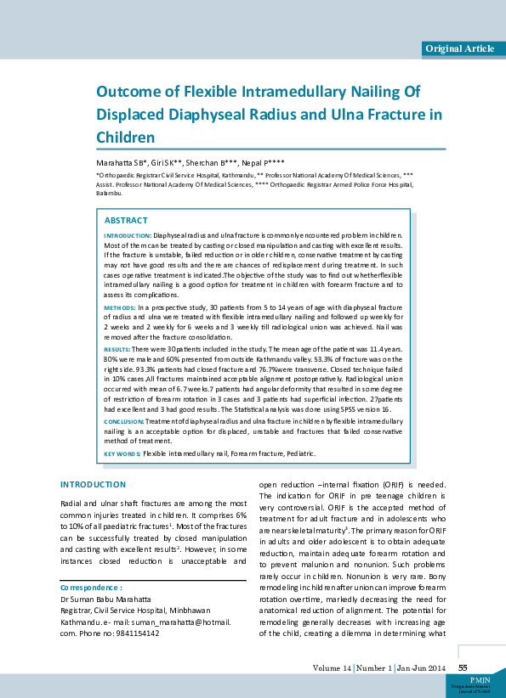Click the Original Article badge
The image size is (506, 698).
tap(458, 48)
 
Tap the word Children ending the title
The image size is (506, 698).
tap(125, 136)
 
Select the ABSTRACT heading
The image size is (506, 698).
tap(125, 221)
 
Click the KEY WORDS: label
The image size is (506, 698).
tap(122, 454)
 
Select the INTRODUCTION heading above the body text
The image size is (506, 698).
tap(93, 484)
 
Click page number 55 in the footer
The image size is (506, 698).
tap(463, 668)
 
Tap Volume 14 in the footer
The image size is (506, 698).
tap(333, 668)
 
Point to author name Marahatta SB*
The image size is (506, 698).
tap(122, 161)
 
